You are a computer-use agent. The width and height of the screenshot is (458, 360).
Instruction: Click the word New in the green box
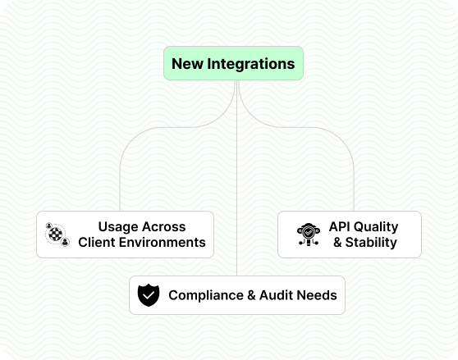click(x=187, y=64)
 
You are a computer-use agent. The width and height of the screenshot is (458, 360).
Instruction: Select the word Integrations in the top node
click(x=251, y=64)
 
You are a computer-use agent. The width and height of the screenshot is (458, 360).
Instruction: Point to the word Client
click(x=96, y=242)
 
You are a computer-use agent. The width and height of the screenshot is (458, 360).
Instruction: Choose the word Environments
click(x=163, y=242)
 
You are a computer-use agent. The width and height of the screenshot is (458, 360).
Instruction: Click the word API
click(x=340, y=226)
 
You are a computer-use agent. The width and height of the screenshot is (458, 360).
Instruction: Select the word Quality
click(x=376, y=227)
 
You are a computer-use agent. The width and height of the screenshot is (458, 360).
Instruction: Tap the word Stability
click(x=371, y=243)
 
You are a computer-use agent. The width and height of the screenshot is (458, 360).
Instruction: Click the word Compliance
click(x=206, y=295)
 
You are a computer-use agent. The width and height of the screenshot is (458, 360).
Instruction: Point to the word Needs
click(x=317, y=295)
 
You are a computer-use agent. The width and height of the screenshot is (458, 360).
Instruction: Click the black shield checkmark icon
click(x=149, y=295)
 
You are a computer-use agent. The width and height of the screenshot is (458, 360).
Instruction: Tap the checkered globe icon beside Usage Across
click(x=57, y=235)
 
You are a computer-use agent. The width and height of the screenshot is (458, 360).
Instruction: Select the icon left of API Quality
click(x=309, y=235)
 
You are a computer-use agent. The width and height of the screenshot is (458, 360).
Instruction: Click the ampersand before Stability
click(x=337, y=242)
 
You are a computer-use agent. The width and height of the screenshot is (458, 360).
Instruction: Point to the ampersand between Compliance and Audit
click(x=251, y=295)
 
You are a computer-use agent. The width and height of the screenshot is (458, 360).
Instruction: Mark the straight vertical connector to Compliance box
click(x=237, y=178)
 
